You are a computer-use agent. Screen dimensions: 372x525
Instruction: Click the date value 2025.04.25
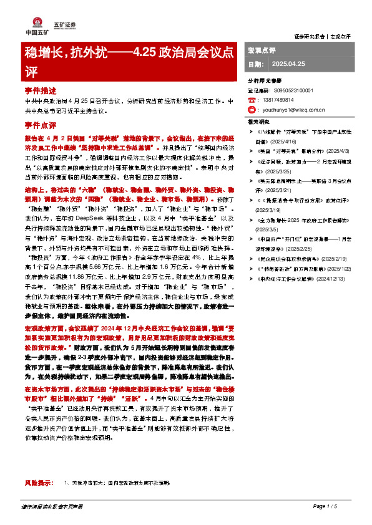click(288, 65)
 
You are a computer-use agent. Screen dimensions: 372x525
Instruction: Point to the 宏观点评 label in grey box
click(262, 49)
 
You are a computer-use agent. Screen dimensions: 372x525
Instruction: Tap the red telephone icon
click(252, 99)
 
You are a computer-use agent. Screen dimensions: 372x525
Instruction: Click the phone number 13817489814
click(279, 99)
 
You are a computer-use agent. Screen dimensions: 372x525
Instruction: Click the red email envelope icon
click(252, 108)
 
